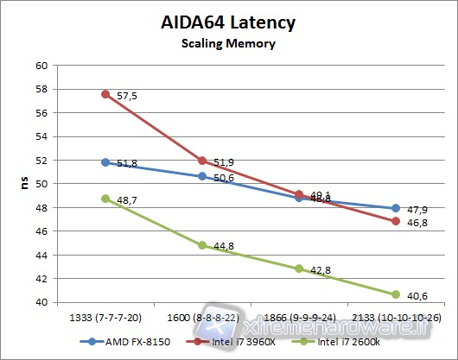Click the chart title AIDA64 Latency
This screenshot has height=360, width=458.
pyautogui.click(x=229, y=22)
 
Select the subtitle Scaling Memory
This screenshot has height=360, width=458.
pyautogui.click(x=229, y=42)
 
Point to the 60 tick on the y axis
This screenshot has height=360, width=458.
pyautogui.click(x=41, y=65)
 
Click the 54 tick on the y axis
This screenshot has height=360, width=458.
pyautogui.click(x=41, y=136)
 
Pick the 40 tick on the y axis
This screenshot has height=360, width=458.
pyautogui.click(x=41, y=303)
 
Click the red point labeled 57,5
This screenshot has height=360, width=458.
pyautogui.click(x=105, y=94)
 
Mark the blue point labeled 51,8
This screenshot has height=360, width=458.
pyautogui.click(x=105, y=162)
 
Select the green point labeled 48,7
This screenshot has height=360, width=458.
pyautogui.click(x=105, y=199)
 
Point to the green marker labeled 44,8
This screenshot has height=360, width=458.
pyautogui.click(x=202, y=245)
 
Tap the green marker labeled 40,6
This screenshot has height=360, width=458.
pyautogui.click(x=396, y=294)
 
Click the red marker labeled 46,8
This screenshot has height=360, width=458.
pyautogui.click(x=396, y=221)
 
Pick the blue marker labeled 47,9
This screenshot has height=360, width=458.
pyautogui.click(x=396, y=208)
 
